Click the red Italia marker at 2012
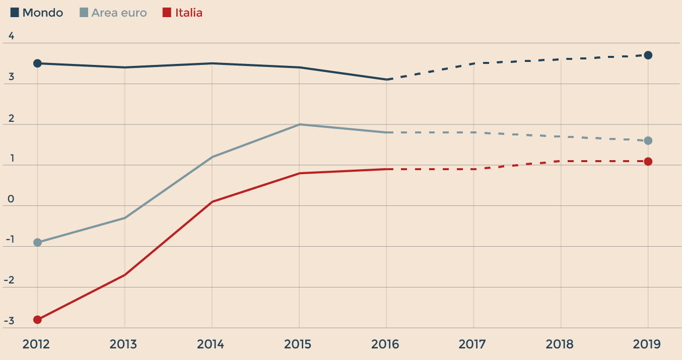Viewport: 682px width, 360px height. (x=37, y=319)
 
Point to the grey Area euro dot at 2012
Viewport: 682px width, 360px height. (x=37, y=242)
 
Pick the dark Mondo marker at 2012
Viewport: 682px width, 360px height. (x=37, y=63)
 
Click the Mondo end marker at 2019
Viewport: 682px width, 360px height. (x=648, y=55)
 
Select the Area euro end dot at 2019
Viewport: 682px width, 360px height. (x=648, y=140)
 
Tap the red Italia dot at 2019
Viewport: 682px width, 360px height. (x=648, y=161)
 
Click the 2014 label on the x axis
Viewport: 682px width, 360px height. (x=211, y=344)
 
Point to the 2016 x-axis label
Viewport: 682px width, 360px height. (x=385, y=344)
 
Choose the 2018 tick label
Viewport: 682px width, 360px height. (x=560, y=344)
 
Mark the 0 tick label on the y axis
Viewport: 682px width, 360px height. (x=11, y=200)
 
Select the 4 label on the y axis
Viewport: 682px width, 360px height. (x=11, y=37)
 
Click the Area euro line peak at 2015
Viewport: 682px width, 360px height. (x=299, y=124)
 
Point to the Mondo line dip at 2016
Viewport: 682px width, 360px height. (x=386, y=80)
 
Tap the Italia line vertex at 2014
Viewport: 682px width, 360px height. (x=212, y=201)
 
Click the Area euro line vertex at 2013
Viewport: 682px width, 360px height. (x=124, y=218)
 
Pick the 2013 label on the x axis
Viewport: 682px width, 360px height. (x=123, y=344)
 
